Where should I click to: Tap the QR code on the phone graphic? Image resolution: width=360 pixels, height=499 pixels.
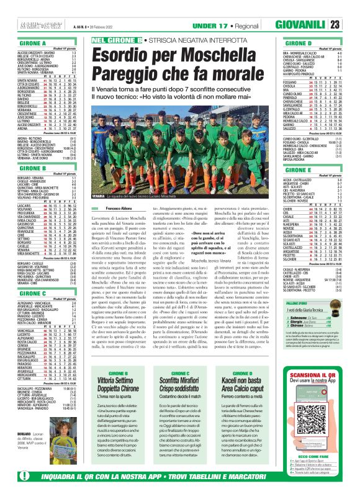(x=311, y=421)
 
